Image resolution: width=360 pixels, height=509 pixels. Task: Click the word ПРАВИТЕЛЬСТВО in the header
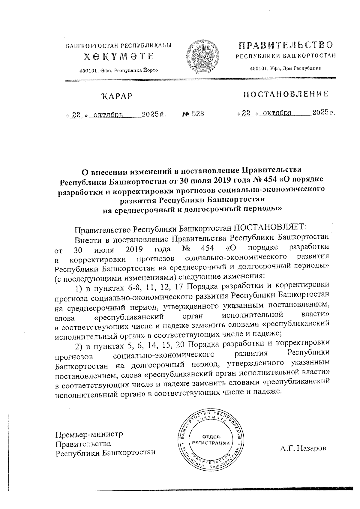[x=286, y=46]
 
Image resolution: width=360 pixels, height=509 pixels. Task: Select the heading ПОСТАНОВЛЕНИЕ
[x=286, y=94]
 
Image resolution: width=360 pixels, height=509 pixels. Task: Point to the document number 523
[x=197, y=114]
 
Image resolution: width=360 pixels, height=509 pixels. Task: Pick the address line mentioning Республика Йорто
[x=118, y=70]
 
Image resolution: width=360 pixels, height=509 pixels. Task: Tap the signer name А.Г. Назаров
[x=303, y=448]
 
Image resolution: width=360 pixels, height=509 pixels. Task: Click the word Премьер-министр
[x=89, y=434]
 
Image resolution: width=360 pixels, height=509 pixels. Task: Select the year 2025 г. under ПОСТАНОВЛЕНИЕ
[x=323, y=112]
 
